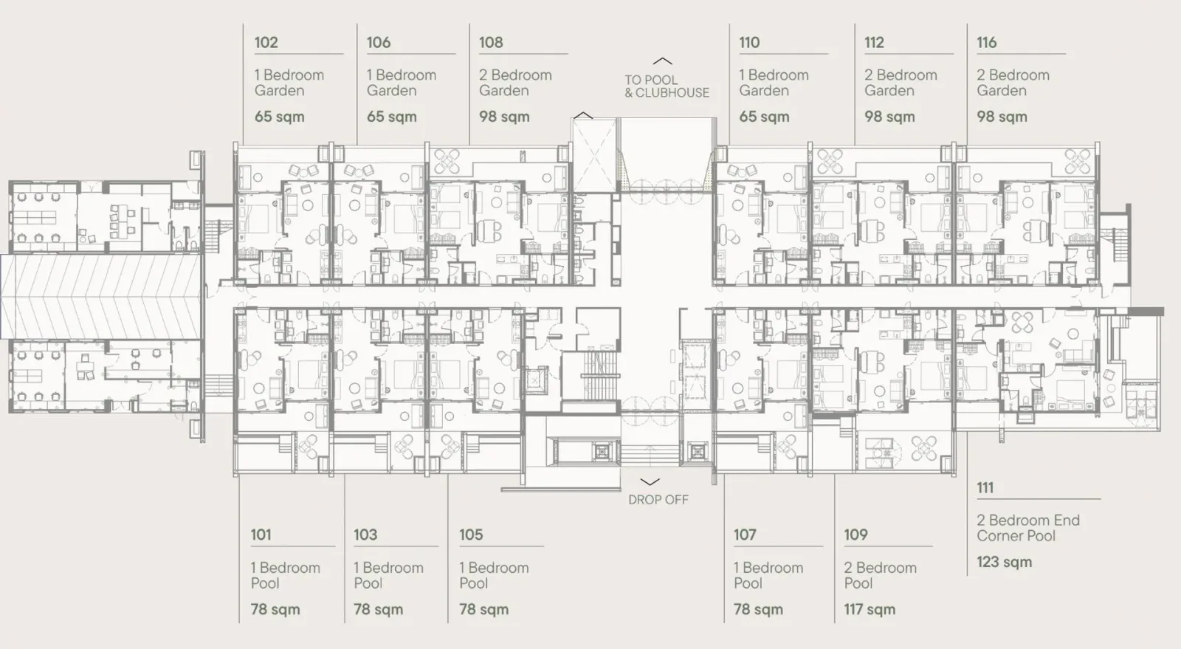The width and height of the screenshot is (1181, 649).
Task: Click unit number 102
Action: (x=266, y=42)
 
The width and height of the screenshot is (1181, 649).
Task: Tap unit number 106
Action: (x=379, y=42)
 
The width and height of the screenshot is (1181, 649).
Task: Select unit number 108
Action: (x=491, y=42)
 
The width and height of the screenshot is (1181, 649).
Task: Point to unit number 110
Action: (x=749, y=42)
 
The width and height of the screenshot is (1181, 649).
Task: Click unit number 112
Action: (x=874, y=42)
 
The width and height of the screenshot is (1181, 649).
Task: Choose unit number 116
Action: (x=986, y=42)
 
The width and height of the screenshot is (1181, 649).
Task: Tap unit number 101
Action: (x=261, y=535)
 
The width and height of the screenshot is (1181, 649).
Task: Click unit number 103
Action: (x=365, y=535)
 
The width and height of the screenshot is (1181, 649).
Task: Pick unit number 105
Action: (x=471, y=535)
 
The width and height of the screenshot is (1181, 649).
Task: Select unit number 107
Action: (x=745, y=535)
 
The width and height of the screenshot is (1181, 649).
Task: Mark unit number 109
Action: (x=855, y=535)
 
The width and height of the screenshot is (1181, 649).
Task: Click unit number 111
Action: (x=985, y=487)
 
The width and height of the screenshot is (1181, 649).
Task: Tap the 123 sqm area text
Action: (x=1005, y=562)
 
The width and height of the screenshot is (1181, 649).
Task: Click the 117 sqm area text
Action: (x=870, y=609)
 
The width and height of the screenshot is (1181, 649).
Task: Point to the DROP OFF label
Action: (x=658, y=500)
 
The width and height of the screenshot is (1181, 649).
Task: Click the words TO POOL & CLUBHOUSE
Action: (x=667, y=86)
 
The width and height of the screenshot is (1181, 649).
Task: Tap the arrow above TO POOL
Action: (x=663, y=61)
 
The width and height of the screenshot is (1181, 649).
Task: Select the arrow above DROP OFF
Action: (x=650, y=482)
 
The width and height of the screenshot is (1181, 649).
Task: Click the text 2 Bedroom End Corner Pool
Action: (x=1028, y=528)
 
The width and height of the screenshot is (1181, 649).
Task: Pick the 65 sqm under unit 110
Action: (x=764, y=117)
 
